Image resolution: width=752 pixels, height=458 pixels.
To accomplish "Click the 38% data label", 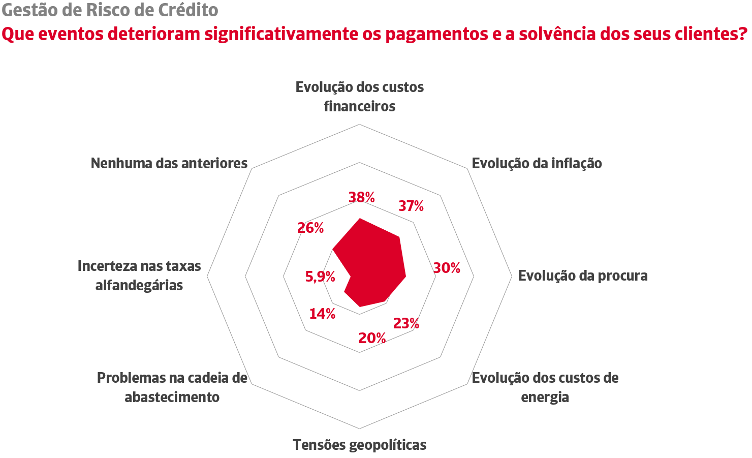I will coord(362,197).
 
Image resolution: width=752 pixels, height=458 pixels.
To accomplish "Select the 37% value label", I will coord(411,206).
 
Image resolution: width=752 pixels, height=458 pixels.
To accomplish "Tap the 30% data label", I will coord(447,268).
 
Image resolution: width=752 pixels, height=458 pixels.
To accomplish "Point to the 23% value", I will coord(406,323).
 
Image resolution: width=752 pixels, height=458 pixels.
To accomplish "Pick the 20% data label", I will coord(372,338).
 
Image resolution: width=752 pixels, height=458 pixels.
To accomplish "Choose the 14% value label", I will coord(322,314).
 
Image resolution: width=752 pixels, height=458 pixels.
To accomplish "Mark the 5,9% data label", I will coord(320,277).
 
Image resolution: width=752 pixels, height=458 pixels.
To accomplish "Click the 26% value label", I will coord(310,228).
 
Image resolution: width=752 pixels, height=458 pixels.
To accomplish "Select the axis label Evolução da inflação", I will coord(537,163).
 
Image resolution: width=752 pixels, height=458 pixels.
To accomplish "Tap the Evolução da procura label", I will coord(583,276).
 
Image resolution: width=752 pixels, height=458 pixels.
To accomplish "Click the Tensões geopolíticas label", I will coord(360,445).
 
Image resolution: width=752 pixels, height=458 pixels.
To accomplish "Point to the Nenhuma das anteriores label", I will coord(169,163).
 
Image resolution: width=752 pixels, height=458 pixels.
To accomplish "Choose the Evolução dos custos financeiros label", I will coord(360,97).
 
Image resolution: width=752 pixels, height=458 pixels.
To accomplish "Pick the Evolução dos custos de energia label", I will coord(545,387).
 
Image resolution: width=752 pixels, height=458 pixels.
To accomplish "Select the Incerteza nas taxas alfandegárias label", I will coord(139,276).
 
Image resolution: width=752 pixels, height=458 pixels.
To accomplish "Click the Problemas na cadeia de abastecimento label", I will coord(172,387).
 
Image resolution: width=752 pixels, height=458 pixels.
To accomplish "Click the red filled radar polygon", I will coord(376,264).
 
